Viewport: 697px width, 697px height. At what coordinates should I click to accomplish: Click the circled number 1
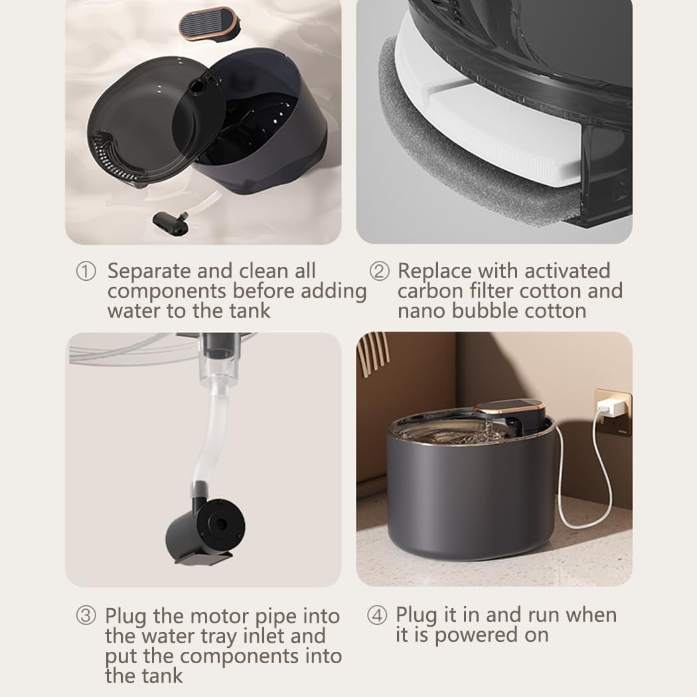click(x=86, y=271)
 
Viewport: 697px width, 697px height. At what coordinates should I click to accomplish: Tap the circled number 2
click(x=379, y=271)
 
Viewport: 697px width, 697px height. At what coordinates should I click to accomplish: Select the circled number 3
click(x=86, y=615)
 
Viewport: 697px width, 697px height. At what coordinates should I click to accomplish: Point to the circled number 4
click(x=377, y=615)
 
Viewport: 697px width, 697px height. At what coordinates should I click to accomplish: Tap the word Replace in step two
click(x=434, y=271)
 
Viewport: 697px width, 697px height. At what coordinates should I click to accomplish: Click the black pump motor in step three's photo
click(x=206, y=531)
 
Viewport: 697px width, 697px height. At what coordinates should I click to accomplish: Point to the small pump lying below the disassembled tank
click(x=170, y=224)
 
